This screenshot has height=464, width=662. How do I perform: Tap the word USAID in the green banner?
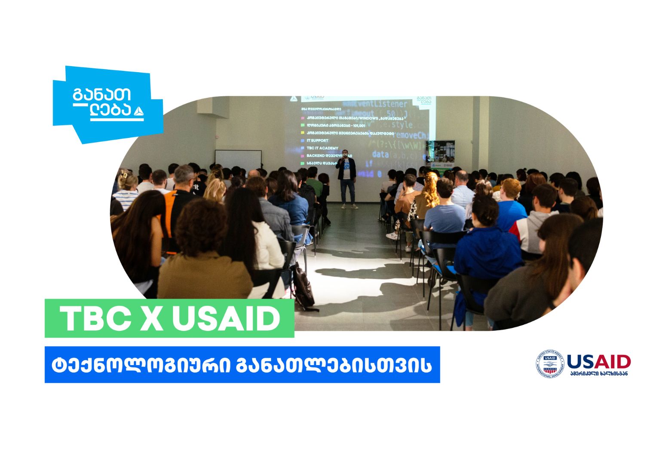tap(226, 319)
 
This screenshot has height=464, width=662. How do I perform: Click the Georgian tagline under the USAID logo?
tap(599, 373)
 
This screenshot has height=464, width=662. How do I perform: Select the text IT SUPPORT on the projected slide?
tap(317, 140)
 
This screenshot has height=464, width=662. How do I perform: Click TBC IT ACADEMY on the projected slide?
tap(322, 148)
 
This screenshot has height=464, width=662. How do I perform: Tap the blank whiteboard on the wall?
tap(238, 159)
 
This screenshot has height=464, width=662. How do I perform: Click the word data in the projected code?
tap(380, 154)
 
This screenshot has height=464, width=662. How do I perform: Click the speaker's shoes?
tap(349, 207)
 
